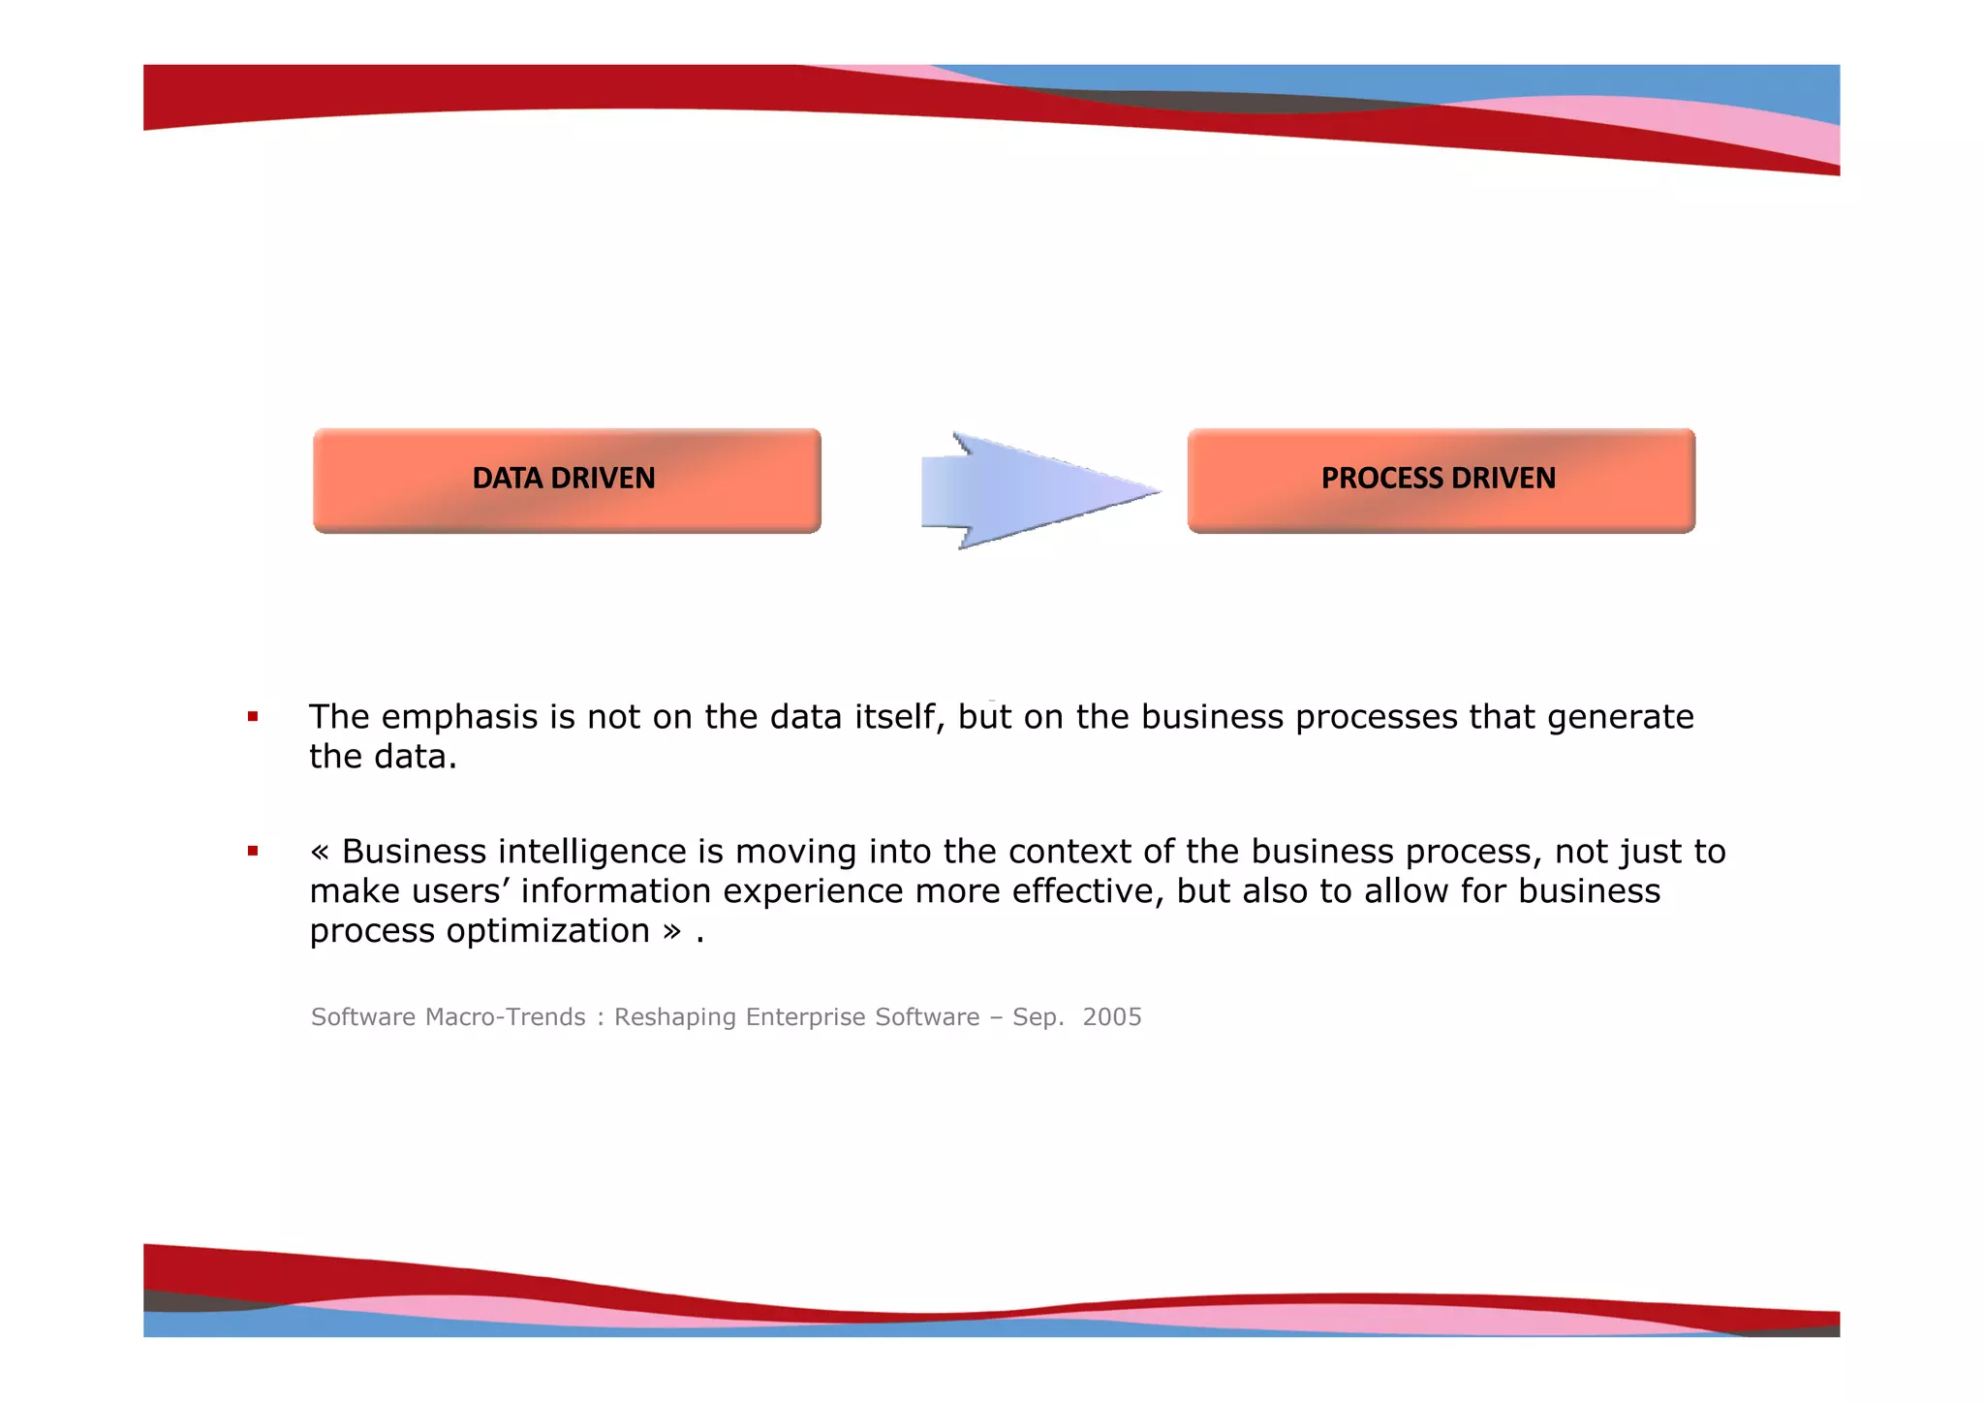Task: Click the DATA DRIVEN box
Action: click(x=567, y=480)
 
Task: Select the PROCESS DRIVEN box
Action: click(x=1441, y=480)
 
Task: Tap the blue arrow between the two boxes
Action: click(x=1037, y=490)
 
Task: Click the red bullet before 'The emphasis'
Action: click(x=253, y=717)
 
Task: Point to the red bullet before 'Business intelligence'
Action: click(x=253, y=852)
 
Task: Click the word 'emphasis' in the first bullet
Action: click(x=460, y=718)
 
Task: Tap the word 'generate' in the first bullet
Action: click(x=1620, y=718)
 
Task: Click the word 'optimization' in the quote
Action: click(x=547, y=931)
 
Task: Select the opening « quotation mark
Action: click(x=320, y=853)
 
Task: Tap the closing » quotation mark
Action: click(x=671, y=932)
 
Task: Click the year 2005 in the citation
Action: click(x=1112, y=1017)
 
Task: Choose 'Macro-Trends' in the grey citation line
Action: click(x=506, y=1017)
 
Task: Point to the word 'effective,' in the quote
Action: click(x=1088, y=891)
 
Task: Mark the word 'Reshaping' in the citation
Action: click(x=675, y=1017)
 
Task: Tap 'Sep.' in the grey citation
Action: click(x=1038, y=1017)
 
